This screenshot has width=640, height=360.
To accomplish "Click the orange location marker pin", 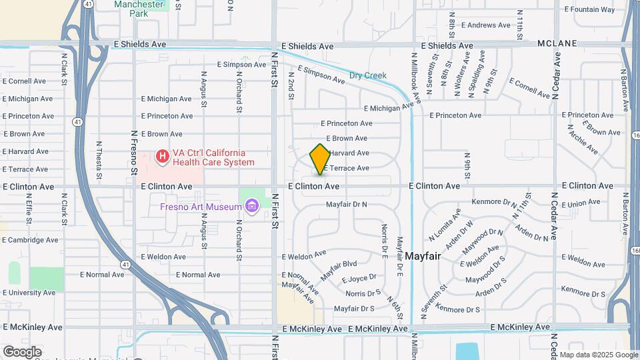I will pos(320,159).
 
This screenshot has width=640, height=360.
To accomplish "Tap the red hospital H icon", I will pos(162,157).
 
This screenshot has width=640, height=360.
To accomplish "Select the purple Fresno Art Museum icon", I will pos(251,207).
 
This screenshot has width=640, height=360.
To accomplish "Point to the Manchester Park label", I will pos(139,8).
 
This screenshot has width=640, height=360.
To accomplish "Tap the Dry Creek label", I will pos(368,75).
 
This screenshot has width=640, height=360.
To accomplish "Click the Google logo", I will pos(22,351).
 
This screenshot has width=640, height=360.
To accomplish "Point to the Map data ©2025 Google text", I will pos(598,355).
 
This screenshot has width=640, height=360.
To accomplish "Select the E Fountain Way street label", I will pos(589,9).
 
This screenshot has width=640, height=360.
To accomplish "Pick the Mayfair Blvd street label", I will pos(339,269).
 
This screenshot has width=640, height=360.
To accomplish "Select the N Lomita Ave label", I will pos(445,224).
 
